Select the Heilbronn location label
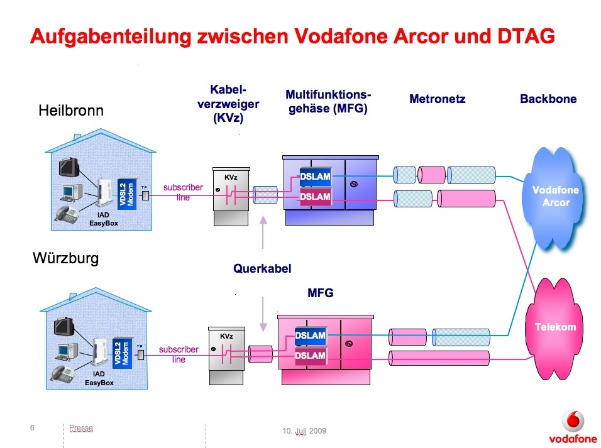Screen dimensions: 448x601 pos(71,111)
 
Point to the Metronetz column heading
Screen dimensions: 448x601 pos(437,99)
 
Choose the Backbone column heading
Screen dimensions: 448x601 pos(548,99)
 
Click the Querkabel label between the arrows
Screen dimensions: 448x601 pos(262,268)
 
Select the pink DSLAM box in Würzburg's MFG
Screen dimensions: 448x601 pos(311,356)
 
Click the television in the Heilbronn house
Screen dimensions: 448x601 pos(69,167)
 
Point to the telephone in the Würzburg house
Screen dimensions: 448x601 pos(64,373)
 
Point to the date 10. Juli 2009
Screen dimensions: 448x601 pos(304,431)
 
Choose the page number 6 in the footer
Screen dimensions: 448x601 pos(32,428)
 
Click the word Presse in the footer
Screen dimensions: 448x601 pos(81,428)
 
